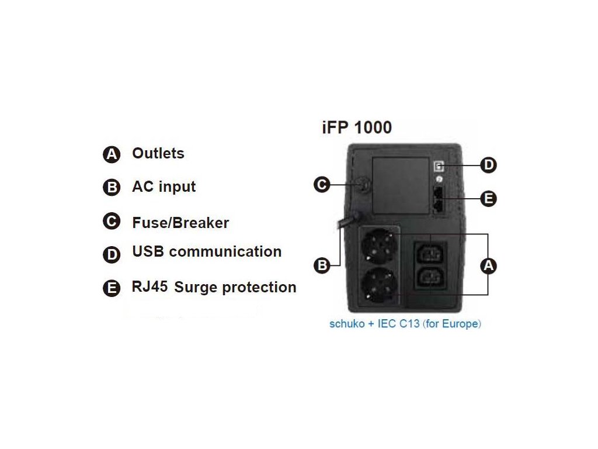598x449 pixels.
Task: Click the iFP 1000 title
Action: (x=357, y=127)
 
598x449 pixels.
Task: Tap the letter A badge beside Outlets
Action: (x=111, y=154)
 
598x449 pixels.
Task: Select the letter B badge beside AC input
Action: (x=111, y=188)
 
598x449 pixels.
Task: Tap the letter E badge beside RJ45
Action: (x=111, y=288)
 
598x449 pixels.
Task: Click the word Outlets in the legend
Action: (x=158, y=153)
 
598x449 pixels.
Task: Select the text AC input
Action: (x=164, y=186)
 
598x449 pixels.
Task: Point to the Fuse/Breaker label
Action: (x=180, y=223)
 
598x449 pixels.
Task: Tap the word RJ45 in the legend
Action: (x=150, y=286)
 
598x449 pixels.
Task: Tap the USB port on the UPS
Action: (x=439, y=166)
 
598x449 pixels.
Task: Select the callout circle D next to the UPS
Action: (x=488, y=165)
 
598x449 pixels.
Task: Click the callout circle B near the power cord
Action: (x=322, y=266)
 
